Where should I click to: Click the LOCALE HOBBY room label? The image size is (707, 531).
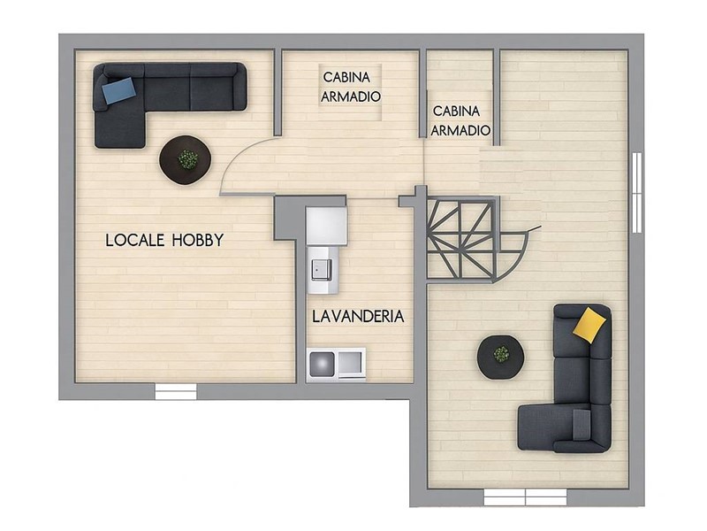(164, 240)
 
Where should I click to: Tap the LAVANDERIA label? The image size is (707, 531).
(358, 317)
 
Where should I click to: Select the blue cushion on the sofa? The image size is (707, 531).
(118, 90)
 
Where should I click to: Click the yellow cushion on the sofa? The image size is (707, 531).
(589, 325)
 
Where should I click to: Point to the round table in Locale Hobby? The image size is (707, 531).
(186, 160)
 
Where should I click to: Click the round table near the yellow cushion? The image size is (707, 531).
(500, 358)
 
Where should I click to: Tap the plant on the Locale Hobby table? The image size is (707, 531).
(187, 159)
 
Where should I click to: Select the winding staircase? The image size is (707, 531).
(473, 238)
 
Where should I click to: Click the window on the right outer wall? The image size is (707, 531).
(636, 192)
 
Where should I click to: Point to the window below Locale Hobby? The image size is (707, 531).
(176, 391)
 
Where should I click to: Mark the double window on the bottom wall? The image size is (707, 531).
(525, 497)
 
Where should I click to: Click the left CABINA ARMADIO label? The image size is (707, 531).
(351, 87)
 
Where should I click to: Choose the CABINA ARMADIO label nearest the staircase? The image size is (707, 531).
(460, 120)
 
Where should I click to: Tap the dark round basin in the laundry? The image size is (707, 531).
(322, 363)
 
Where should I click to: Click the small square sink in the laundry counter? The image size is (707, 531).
(322, 270)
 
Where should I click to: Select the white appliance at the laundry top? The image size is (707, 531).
(326, 226)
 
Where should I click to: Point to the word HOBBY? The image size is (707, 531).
(197, 240)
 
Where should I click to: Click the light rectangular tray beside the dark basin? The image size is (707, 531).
(350, 363)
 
